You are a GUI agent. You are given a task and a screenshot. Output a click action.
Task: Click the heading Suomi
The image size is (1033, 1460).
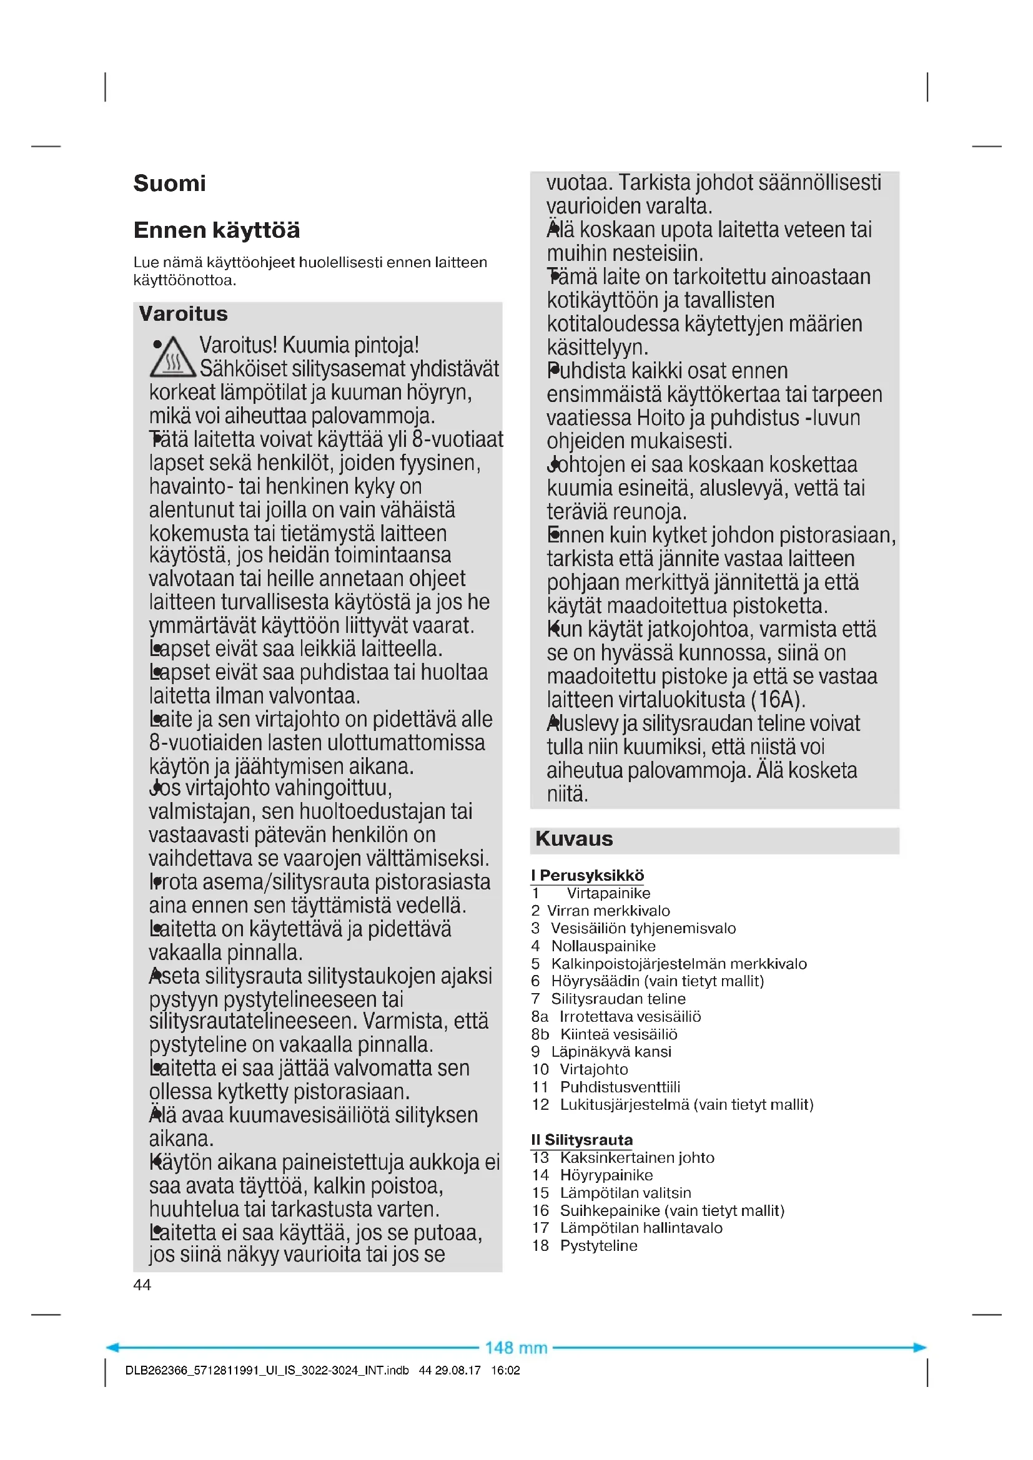pos(169,183)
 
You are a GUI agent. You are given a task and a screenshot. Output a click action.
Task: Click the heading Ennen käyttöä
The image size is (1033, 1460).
pos(216,230)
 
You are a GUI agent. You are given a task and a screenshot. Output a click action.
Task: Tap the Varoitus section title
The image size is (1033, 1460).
pos(183,313)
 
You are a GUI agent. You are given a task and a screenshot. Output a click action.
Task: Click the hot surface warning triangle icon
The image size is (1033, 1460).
pos(172,358)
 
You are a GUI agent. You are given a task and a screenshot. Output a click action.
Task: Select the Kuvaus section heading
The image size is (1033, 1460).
pos(574,839)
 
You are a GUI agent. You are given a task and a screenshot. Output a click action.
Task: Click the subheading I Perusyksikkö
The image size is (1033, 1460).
pos(587,875)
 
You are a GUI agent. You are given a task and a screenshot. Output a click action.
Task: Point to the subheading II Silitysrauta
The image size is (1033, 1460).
pos(582,1140)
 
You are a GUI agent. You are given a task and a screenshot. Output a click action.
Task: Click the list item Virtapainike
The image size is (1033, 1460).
pos(608,893)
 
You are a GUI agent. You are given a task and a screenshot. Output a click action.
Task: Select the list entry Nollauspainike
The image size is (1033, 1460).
pos(603,946)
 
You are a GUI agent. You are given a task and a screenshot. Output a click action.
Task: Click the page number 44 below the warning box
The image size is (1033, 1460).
pos(142,1285)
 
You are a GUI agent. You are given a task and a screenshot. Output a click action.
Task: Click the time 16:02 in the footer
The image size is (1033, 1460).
pos(505,1370)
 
